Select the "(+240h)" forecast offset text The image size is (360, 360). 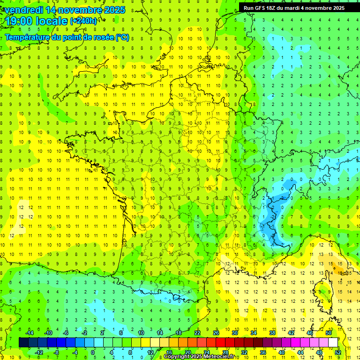[83, 21]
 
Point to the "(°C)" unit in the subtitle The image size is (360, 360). [122, 37]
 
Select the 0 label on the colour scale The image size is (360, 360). [93, 352]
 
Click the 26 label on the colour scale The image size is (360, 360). [216, 333]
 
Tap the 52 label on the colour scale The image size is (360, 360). [338, 352]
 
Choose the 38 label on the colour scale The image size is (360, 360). [272, 333]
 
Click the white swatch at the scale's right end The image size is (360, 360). [333, 342]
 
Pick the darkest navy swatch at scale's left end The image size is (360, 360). [23, 342]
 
